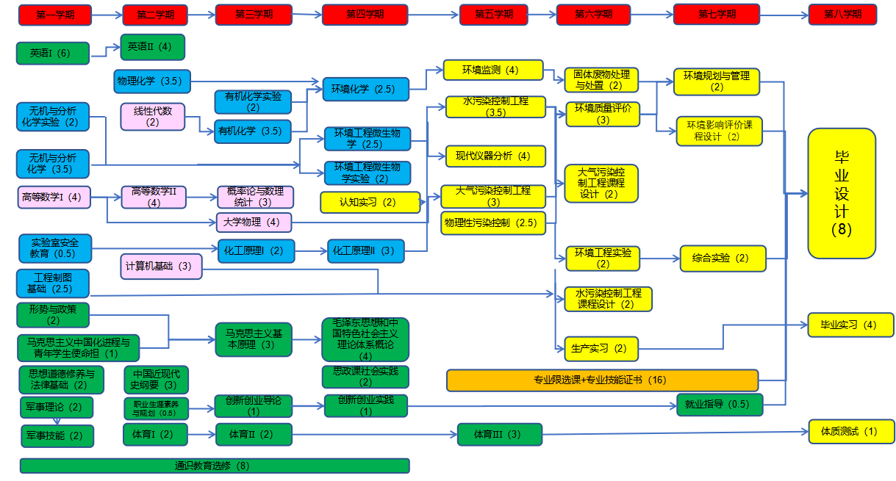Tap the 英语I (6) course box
pyautogui.click(x=52, y=53)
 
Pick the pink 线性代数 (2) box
pyautogui.click(x=152, y=116)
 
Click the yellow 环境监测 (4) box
pyautogui.click(x=490, y=70)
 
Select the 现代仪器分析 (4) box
pyautogui.click(x=495, y=156)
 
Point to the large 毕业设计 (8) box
pyautogui.click(x=842, y=193)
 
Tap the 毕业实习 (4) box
pyautogui.click(x=850, y=325)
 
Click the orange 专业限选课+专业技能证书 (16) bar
pyautogui.click(x=602, y=380)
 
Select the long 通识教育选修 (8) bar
pyautogui.click(x=214, y=466)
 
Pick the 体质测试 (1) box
pyautogui.click(x=852, y=432)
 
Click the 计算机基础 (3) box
pyautogui.click(x=161, y=267)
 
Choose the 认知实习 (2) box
pyautogui.click(x=370, y=202)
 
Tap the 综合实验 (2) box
pyautogui.click(x=723, y=258)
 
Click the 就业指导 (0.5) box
pyautogui.click(x=719, y=405)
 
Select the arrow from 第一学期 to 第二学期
pyautogui.click(x=105, y=15)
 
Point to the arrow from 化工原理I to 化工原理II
pyautogui.click(x=311, y=251)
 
